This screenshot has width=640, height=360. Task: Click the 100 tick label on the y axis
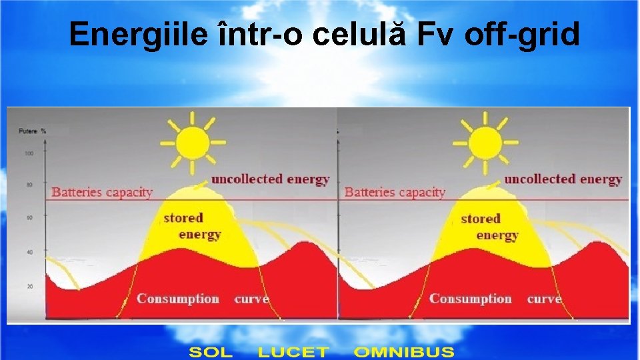tap(29, 154)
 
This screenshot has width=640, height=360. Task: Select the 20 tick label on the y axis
tap(29, 286)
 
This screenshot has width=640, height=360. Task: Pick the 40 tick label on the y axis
tap(29, 252)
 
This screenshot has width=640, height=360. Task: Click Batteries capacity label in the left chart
tap(102, 192)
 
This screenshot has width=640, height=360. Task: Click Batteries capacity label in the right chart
tap(395, 192)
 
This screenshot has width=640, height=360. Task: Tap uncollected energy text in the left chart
tap(270, 179)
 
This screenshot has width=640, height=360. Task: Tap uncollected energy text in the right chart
tap(563, 179)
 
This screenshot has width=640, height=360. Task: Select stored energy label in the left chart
tap(191, 226)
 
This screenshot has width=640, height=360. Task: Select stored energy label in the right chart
tap(489, 227)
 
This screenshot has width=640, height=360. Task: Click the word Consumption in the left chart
tap(177, 299)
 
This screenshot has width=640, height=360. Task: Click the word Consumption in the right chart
tap(470, 299)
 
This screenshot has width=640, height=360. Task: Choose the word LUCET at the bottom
tap(293, 351)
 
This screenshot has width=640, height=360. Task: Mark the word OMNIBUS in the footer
tap(404, 351)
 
